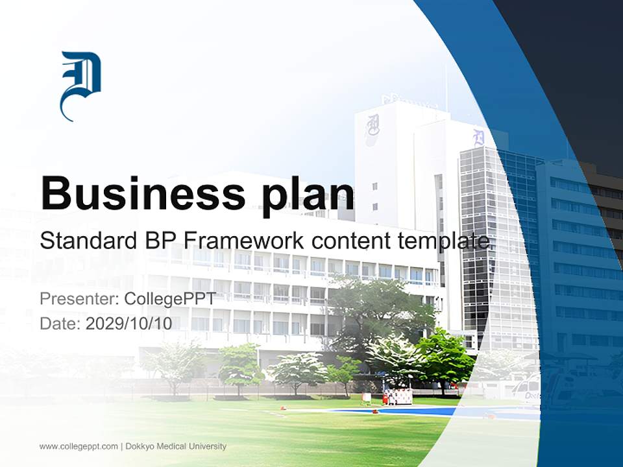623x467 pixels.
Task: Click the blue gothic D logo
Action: click(x=80, y=84)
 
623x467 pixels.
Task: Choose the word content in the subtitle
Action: click(x=350, y=241)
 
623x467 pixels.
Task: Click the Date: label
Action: click(x=60, y=324)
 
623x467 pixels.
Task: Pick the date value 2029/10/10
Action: click(x=129, y=324)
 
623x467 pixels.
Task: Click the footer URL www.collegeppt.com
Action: click(x=79, y=446)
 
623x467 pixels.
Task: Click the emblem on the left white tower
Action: click(x=373, y=125)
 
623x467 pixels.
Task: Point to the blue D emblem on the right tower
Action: click(x=478, y=137)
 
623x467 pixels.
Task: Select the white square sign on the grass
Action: click(x=367, y=397)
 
